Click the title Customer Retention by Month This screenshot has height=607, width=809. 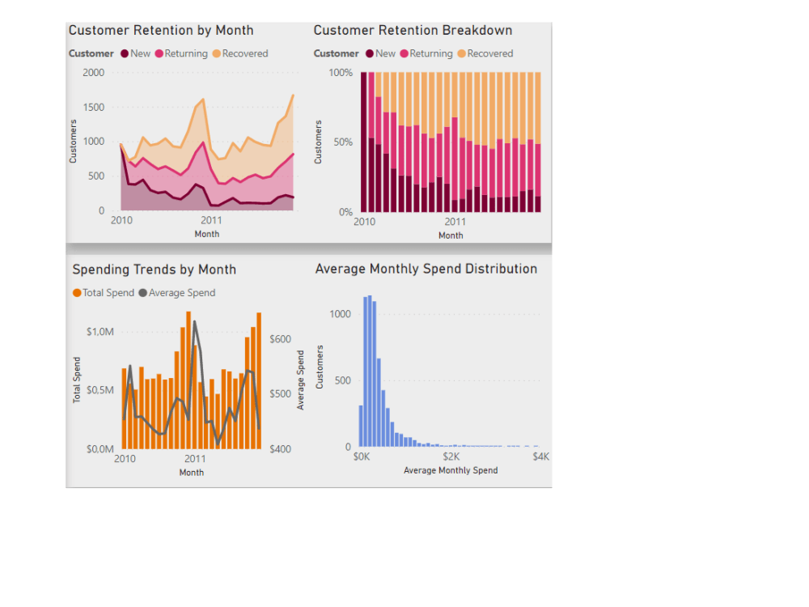[161, 31]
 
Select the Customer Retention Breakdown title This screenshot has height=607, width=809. [413, 31]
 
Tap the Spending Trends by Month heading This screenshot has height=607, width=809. [155, 270]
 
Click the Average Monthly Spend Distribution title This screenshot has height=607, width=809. [426, 269]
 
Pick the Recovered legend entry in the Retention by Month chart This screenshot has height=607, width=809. [244, 53]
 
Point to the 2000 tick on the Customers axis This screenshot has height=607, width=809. [94, 73]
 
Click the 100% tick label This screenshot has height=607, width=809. [341, 73]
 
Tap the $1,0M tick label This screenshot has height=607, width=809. [100, 332]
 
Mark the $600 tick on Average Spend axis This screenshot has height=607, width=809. [280, 339]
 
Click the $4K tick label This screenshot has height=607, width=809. [540, 456]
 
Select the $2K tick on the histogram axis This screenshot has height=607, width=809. [451, 456]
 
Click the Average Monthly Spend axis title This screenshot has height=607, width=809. [451, 470]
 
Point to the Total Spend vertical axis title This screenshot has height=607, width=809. [78, 380]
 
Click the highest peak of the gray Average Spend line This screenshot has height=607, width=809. [194, 323]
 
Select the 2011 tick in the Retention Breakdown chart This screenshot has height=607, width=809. [455, 221]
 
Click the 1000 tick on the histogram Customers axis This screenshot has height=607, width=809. [341, 314]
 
